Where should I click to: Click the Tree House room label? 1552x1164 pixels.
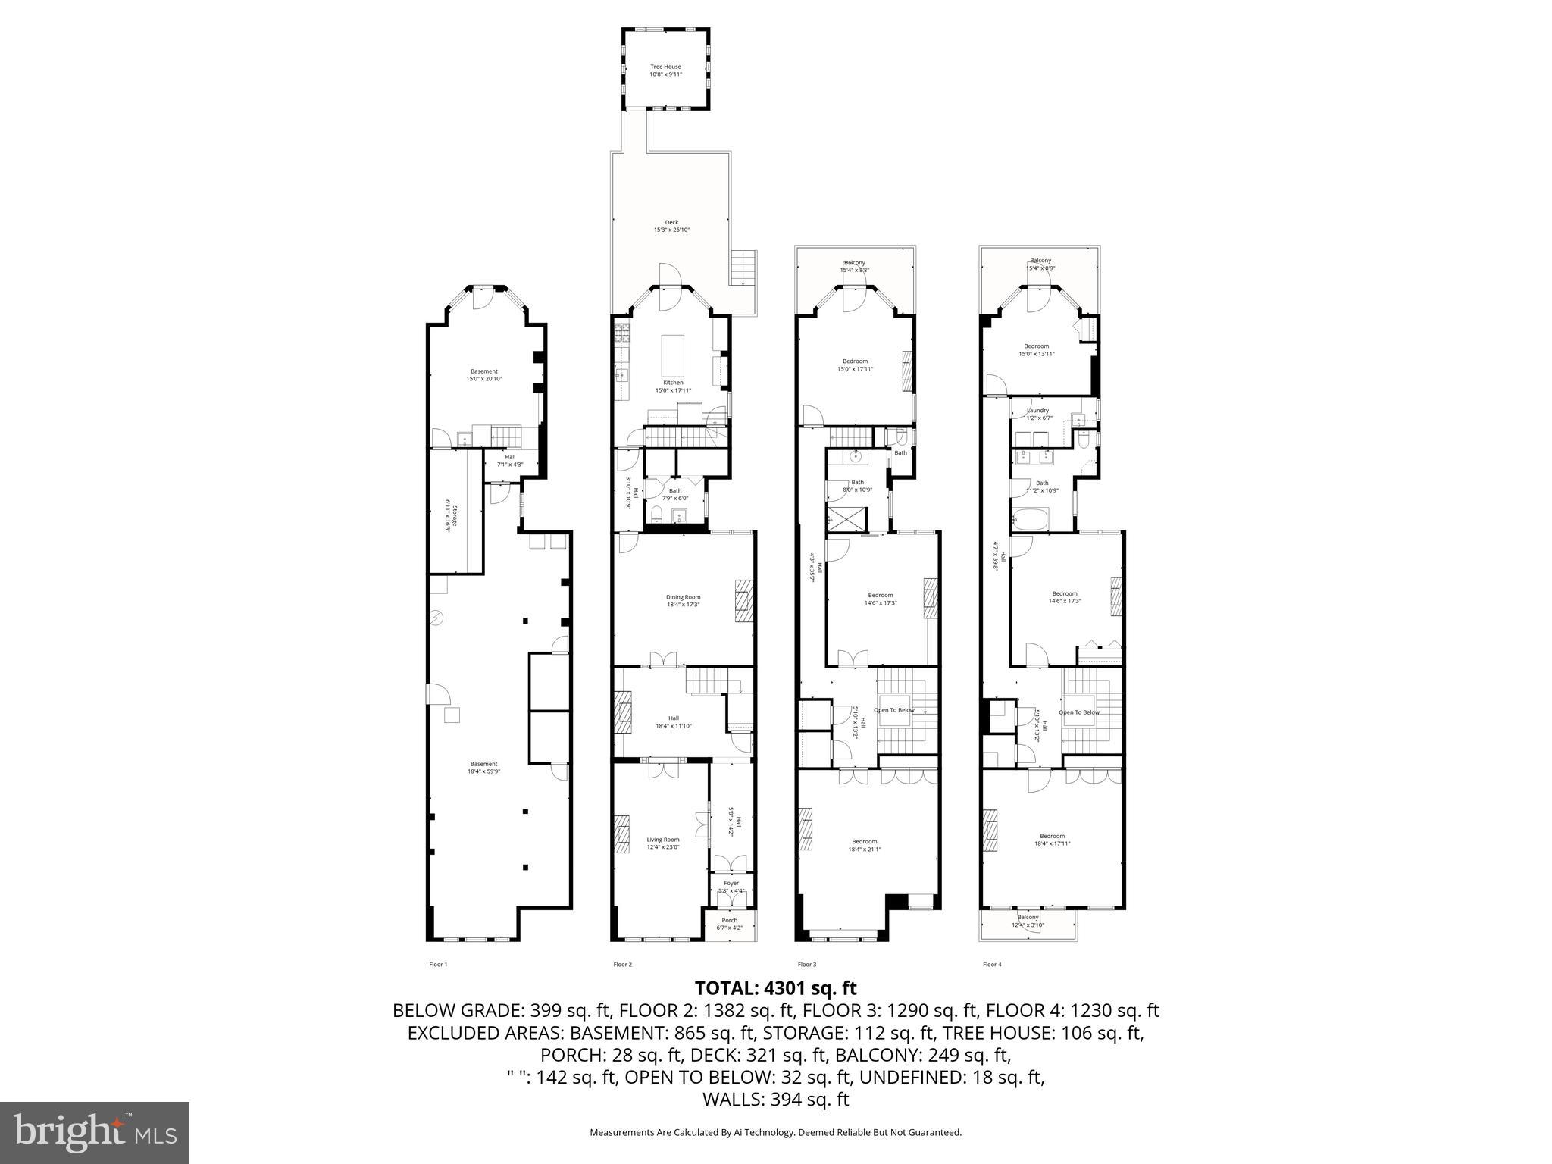[665, 70]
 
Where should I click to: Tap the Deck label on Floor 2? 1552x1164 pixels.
[671, 226]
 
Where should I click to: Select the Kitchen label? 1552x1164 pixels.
[673, 386]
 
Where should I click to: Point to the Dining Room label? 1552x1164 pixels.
[683, 600]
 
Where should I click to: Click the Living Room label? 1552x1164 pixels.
[662, 843]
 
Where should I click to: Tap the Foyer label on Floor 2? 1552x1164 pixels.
[731, 887]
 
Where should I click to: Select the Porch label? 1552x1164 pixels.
[730, 924]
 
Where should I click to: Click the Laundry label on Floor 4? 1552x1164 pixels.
[1037, 414]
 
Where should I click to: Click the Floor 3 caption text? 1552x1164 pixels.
[806, 965]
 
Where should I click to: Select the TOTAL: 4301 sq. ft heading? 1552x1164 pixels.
[775, 988]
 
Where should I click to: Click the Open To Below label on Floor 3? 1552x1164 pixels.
[894, 710]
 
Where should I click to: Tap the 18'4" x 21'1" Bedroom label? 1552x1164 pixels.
[864, 845]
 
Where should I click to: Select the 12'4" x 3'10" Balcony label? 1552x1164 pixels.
[1028, 921]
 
